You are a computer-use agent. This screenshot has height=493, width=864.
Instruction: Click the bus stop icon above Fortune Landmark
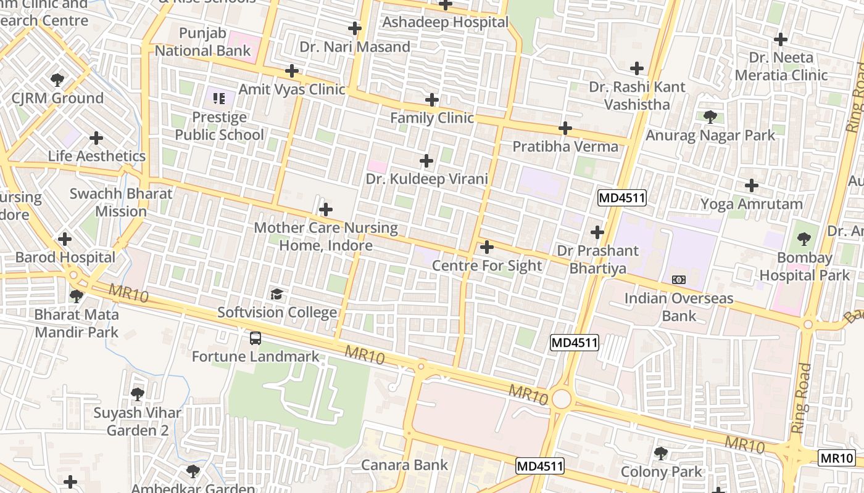(x=255, y=338)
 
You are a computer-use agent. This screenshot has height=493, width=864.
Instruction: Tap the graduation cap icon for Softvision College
(x=277, y=294)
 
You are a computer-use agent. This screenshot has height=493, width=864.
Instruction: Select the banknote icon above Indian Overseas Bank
(x=679, y=280)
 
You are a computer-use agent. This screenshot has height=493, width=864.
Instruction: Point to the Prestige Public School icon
(x=219, y=98)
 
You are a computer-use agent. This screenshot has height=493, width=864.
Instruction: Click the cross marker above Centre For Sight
(x=487, y=247)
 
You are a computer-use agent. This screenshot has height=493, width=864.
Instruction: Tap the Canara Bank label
(x=404, y=465)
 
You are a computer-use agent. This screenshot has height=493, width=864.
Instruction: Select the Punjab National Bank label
(x=203, y=42)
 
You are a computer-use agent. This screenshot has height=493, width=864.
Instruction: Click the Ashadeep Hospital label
(x=446, y=22)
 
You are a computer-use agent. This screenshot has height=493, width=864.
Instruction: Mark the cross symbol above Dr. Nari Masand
(x=354, y=28)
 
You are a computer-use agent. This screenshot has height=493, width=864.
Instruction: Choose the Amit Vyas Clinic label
(x=292, y=89)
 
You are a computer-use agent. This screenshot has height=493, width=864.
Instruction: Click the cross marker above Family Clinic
(x=432, y=99)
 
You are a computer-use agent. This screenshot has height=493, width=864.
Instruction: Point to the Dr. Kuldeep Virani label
(x=427, y=179)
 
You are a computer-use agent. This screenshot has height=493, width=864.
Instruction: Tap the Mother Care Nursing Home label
(x=326, y=236)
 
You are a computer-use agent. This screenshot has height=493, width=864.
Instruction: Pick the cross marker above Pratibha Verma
(x=565, y=128)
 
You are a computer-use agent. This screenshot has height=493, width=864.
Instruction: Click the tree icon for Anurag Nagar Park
(x=710, y=116)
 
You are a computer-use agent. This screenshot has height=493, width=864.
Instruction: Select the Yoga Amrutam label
(x=751, y=204)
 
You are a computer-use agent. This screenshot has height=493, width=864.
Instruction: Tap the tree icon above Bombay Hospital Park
(x=804, y=238)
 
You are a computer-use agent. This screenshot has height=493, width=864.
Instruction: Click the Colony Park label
(x=661, y=472)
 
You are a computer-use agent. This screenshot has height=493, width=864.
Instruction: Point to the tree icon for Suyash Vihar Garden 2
(x=138, y=393)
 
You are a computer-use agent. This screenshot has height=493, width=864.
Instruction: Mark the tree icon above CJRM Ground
(x=57, y=79)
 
